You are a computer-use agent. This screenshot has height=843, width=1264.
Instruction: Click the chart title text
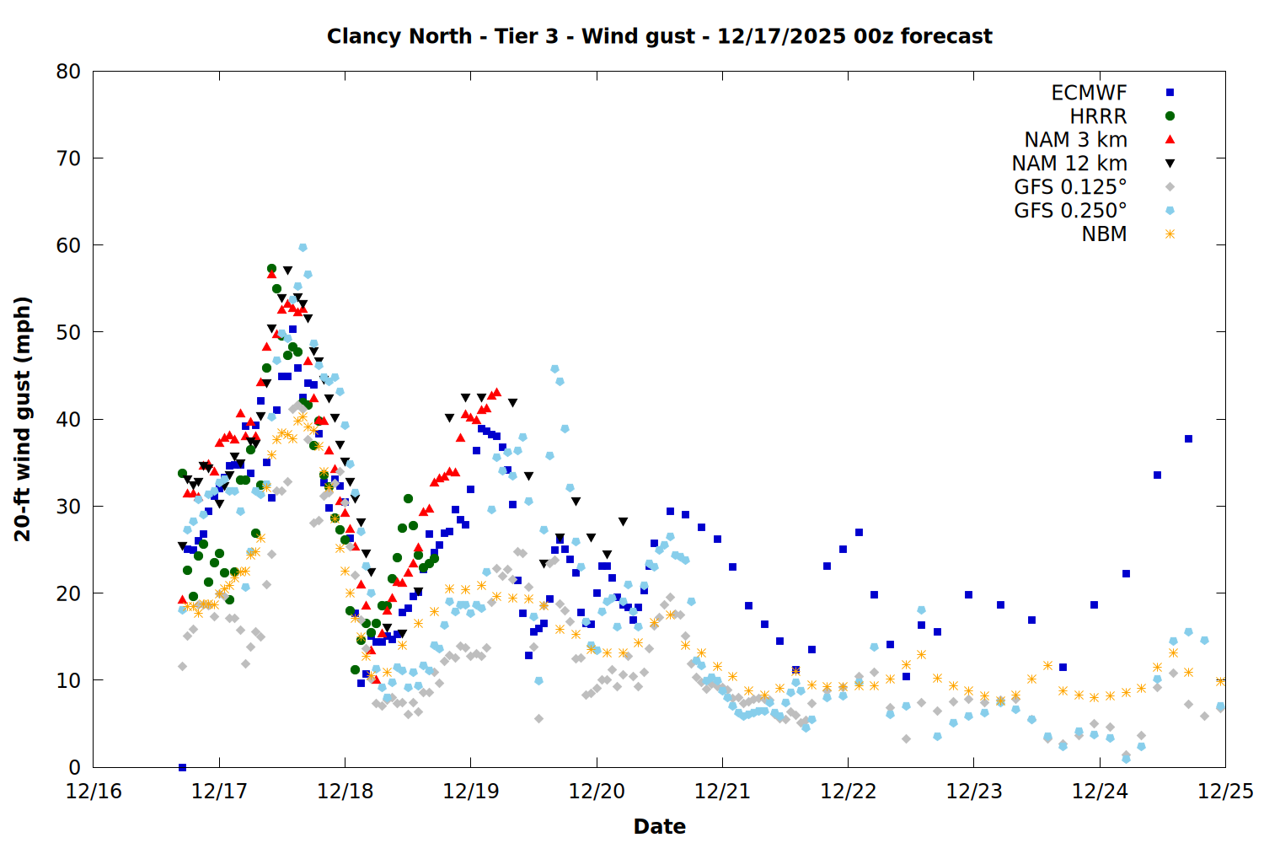(659, 36)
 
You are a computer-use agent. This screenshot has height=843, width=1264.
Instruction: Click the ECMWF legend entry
(1089, 93)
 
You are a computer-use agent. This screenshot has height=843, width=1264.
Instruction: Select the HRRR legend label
(1098, 116)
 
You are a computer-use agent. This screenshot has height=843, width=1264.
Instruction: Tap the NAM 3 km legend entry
(1075, 140)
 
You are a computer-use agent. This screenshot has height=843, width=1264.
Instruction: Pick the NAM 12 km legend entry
(1069, 164)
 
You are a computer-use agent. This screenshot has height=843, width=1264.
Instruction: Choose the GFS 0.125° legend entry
(1070, 187)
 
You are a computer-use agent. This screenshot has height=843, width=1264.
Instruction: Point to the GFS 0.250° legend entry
(1070, 211)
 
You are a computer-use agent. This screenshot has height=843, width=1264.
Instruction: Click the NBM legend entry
(1104, 234)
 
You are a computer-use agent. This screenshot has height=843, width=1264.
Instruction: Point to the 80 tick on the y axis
(68, 72)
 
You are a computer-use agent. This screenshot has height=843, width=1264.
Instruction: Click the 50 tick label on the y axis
(68, 332)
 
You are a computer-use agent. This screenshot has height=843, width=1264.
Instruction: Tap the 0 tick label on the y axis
(75, 767)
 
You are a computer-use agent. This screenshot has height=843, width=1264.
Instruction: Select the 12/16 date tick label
(94, 792)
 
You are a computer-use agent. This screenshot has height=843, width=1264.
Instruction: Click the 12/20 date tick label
(597, 792)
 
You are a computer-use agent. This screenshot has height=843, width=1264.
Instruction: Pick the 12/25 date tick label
(1225, 792)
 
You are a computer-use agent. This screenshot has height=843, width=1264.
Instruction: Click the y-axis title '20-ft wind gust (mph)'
(23, 419)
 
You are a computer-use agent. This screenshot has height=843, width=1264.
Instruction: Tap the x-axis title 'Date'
(659, 826)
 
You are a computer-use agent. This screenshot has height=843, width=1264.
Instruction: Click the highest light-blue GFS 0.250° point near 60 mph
(303, 248)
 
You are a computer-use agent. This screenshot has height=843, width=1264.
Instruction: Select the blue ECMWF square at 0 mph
(182, 767)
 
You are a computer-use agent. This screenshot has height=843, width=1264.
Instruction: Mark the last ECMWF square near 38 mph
(1188, 438)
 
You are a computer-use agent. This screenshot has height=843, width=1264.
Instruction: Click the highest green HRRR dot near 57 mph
(271, 268)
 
